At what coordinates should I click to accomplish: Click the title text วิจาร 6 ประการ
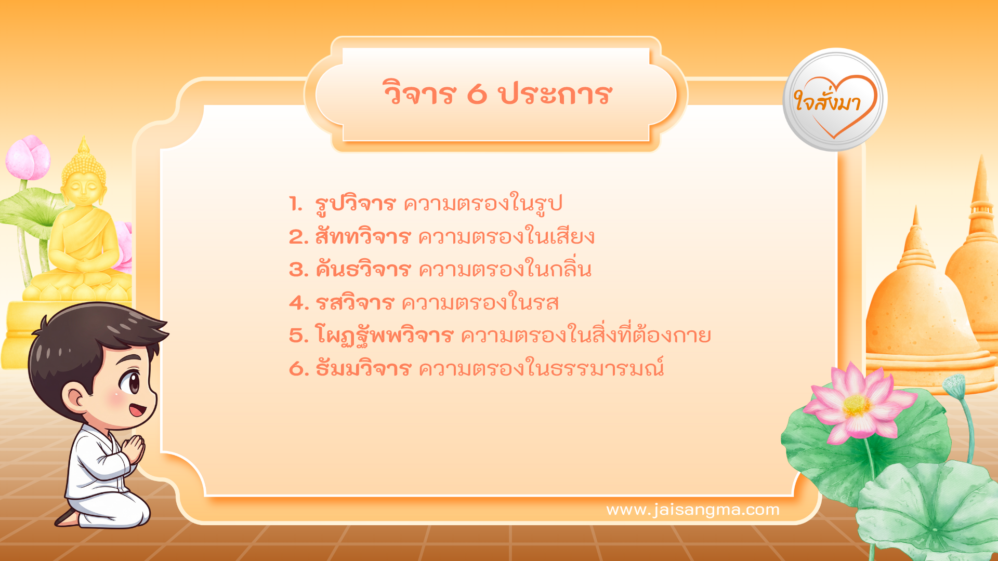click(x=497, y=94)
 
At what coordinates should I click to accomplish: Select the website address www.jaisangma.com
click(x=693, y=510)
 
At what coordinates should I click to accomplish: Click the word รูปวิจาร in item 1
click(x=356, y=204)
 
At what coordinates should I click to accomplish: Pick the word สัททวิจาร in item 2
click(x=363, y=237)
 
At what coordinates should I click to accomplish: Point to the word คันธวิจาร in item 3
click(x=363, y=270)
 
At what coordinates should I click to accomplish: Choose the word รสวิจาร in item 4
click(x=355, y=303)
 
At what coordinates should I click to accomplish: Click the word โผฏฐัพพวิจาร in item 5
click(x=384, y=336)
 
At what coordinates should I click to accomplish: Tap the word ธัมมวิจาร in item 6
click(x=363, y=369)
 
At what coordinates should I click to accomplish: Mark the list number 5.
click(x=298, y=336)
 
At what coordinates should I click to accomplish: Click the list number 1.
click(x=295, y=204)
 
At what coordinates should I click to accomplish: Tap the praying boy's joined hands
click(x=134, y=449)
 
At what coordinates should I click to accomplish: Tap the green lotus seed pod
click(x=954, y=385)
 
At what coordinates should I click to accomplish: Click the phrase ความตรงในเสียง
click(x=506, y=237)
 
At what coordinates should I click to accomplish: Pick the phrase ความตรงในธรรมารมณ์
click(x=541, y=369)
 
